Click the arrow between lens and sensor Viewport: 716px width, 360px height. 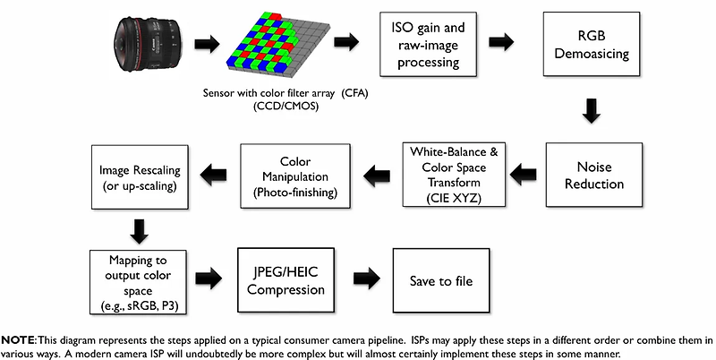(207, 42)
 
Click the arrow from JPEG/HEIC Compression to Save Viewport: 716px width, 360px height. (364, 280)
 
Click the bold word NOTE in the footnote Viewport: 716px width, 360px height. (18, 341)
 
